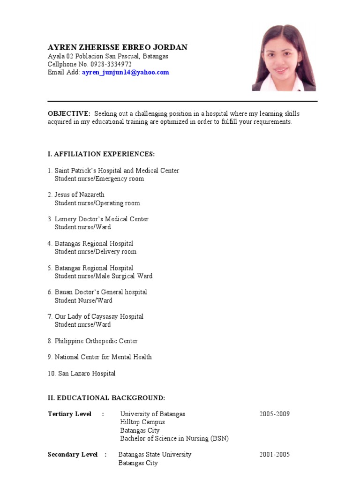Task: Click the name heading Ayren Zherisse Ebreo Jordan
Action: (118, 47)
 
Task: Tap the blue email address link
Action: (125, 72)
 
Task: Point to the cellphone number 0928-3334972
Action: (111, 64)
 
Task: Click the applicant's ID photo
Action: (284, 58)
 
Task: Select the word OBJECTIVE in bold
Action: (69, 113)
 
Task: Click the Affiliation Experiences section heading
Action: (101, 154)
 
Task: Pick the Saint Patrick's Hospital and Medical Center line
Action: (117, 171)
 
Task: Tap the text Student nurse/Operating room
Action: (97, 203)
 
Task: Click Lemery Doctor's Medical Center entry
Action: (101, 219)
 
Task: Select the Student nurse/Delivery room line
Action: (96, 251)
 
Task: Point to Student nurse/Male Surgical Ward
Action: (104, 276)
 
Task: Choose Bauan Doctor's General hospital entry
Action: (101, 292)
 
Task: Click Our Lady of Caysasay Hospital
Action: (99, 316)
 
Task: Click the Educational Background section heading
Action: (106, 398)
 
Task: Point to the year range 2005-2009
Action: (275, 414)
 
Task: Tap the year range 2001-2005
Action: (275, 454)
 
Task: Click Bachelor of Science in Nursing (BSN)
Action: (174, 438)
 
